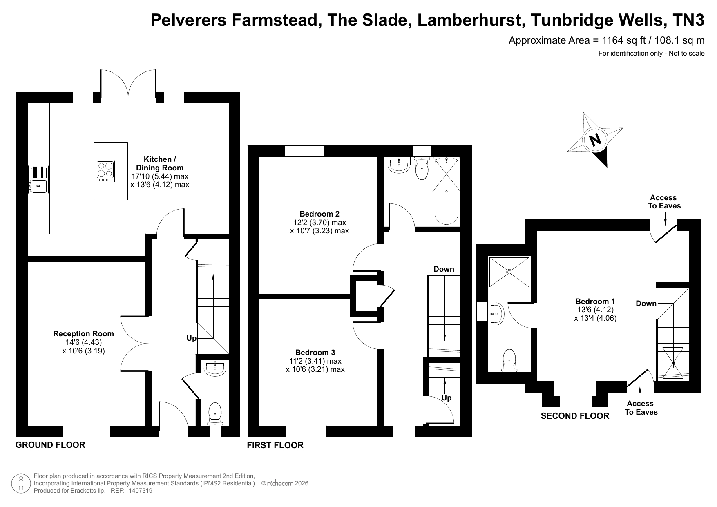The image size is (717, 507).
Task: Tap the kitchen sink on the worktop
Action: (38, 179)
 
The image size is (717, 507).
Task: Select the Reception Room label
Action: (83, 334)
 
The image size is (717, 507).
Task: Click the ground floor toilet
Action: (215, 414)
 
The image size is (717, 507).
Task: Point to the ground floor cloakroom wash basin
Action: (215, 368)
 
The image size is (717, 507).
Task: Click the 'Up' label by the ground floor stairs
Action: (192, 338)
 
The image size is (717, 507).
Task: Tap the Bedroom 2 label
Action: (319, 214)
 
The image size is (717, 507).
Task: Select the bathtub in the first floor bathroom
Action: (446, 191)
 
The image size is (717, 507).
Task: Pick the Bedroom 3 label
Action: (315, 353)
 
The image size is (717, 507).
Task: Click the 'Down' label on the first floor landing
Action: (444, 269)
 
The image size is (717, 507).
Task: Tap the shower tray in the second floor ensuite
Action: (509, 272)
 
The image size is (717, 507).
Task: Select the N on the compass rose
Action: (596, 140)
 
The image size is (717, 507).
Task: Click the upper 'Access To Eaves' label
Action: (664, 202)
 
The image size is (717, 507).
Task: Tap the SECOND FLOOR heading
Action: (575, 416)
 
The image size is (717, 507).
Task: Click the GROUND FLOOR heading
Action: (50, 445)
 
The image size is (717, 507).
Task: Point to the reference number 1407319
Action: (141, 491)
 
